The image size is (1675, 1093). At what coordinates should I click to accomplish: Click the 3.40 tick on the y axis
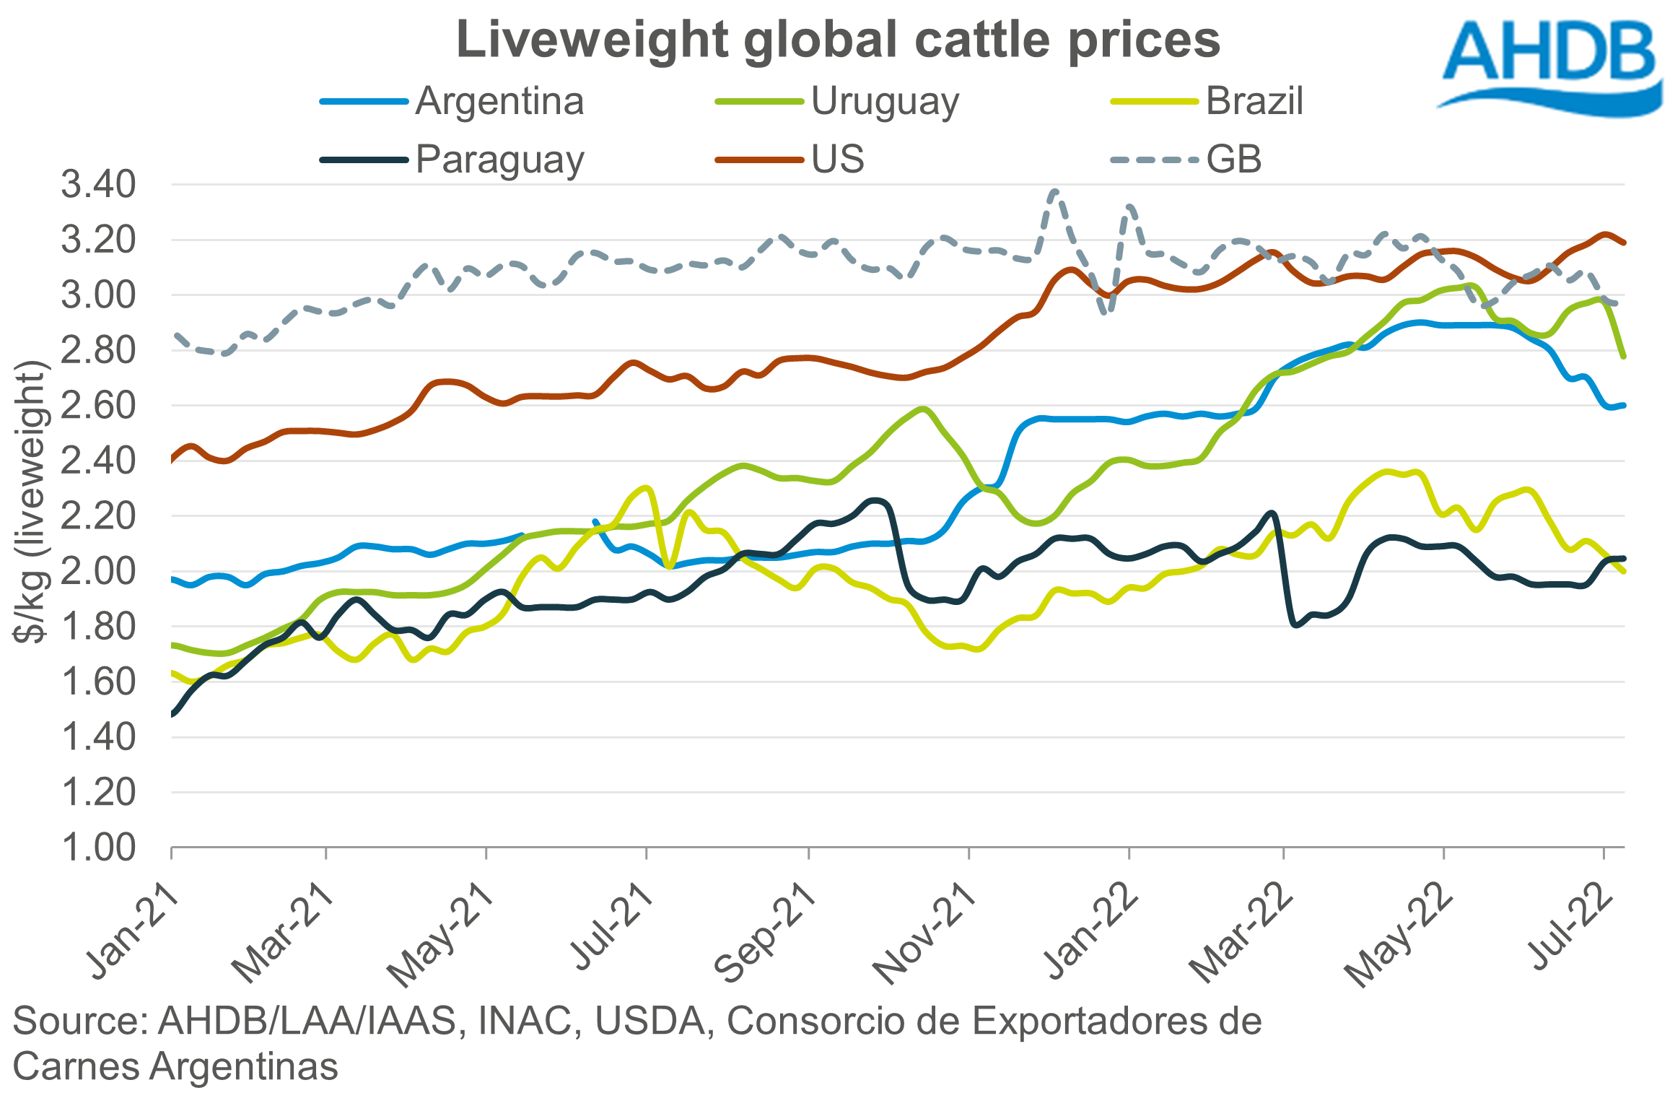pos(98,185)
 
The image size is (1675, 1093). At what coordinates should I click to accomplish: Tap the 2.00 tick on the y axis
pos(98,571)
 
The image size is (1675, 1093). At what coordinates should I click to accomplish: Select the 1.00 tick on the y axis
pos(98,848)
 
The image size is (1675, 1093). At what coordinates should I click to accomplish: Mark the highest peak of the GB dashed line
pos(1055,192)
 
